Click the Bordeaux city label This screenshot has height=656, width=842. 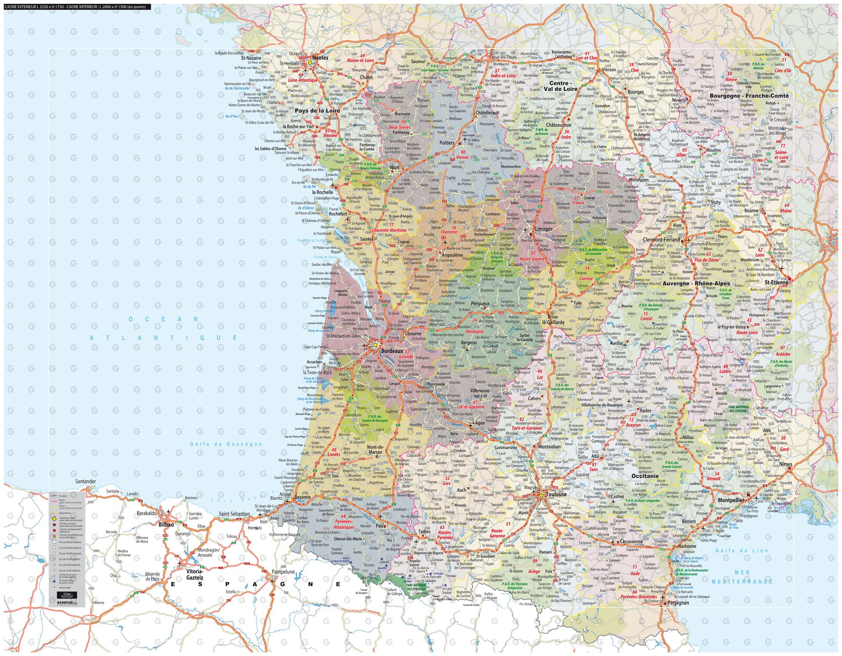point(392,350)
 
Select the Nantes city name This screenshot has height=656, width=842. point(320,58)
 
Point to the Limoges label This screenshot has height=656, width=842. point(543,229)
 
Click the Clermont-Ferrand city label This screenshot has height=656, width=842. point(661,240)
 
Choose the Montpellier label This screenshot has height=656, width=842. point(731,500)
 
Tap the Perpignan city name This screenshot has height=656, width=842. point(678,603)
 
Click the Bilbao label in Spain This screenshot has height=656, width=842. point(166,525)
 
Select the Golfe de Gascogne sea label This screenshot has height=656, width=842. point(226,444)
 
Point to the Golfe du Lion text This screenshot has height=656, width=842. point(742,550)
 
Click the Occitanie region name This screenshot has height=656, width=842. point(645,476)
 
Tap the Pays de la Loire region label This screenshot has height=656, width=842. point(317,111)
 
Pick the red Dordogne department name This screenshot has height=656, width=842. point(474,331)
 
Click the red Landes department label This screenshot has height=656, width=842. point(333,455)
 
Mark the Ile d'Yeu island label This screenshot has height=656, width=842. point(232,116)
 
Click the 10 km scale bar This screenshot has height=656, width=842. point(67,595)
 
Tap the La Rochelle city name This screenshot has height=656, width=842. point(322,192)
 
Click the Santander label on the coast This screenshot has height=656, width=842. point(85,481)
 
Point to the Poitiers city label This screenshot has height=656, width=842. point(447,143)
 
